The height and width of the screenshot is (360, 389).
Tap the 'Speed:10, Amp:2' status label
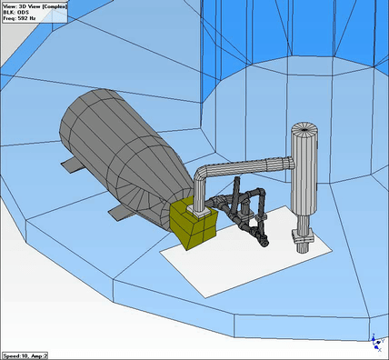point(25,355)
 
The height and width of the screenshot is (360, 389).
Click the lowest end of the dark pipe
point(264,243)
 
